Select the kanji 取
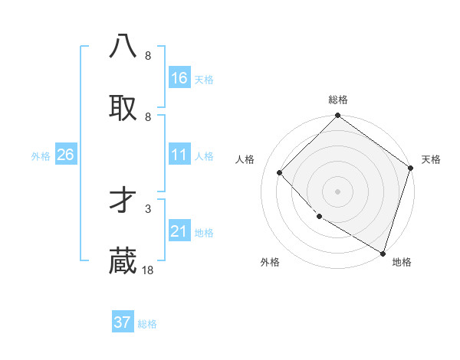coord(123,108)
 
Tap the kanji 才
coord(123,201)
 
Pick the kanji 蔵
coord(123,262)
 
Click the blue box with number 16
coord(179,77)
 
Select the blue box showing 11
coord(179,155)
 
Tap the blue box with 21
coord(179,231)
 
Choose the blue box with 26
coord(65,155)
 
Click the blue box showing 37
coord(123,322)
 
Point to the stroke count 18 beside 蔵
coord(148,270)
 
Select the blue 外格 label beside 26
coord(41,156)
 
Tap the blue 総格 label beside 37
coord(147,324)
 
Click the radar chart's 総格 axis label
coord(338,100)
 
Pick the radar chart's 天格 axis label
coord(431,160)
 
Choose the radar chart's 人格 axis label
coord(245,160)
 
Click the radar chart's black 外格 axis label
coord(270,263)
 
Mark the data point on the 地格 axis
coord(383,252)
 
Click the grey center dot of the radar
coord(338,191)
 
